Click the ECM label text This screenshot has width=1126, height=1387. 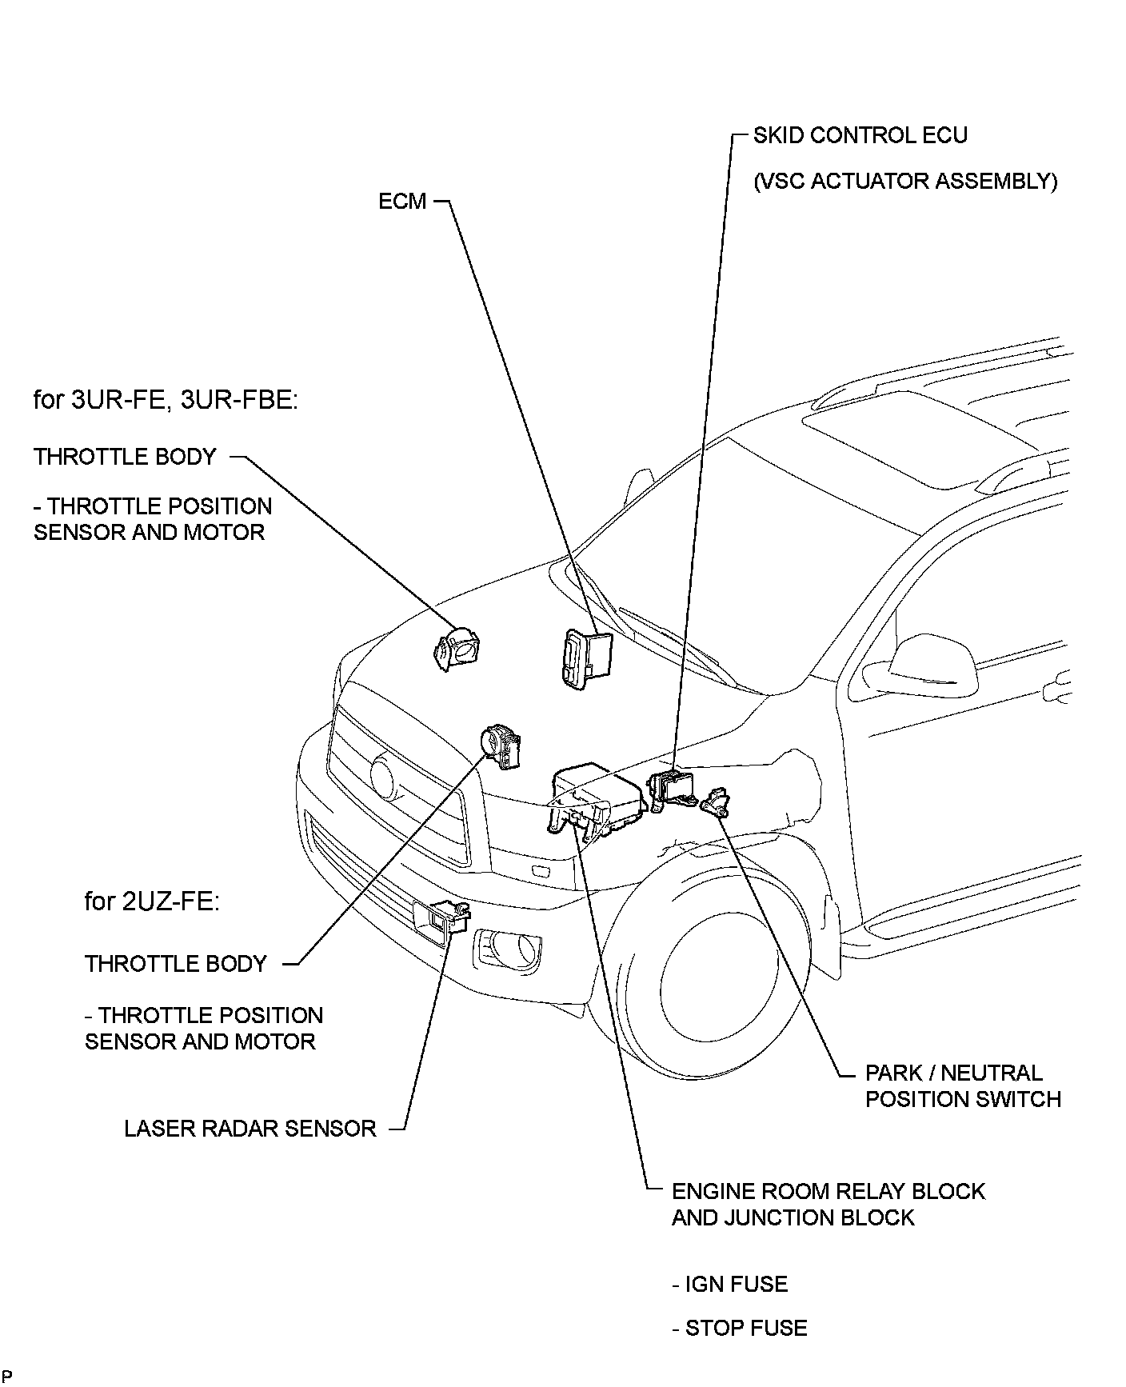tap(402, 201)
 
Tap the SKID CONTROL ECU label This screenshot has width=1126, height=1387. tap(860, 135)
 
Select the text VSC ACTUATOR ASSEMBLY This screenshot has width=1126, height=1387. tap(905, 182)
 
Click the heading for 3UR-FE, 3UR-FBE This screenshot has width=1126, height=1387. tap(166, 399)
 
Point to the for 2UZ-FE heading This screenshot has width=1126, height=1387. tap(152, 901)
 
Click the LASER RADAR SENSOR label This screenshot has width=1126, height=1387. tap(250, 1129)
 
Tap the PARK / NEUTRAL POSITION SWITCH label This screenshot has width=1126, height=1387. tap(963, 1085)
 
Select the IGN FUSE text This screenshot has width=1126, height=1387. tap(729, 1284)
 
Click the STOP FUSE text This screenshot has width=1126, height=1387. tap(740, 1328)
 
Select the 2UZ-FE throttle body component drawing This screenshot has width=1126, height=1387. tap(501, 746)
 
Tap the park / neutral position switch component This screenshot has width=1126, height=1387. tap(717, 801)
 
